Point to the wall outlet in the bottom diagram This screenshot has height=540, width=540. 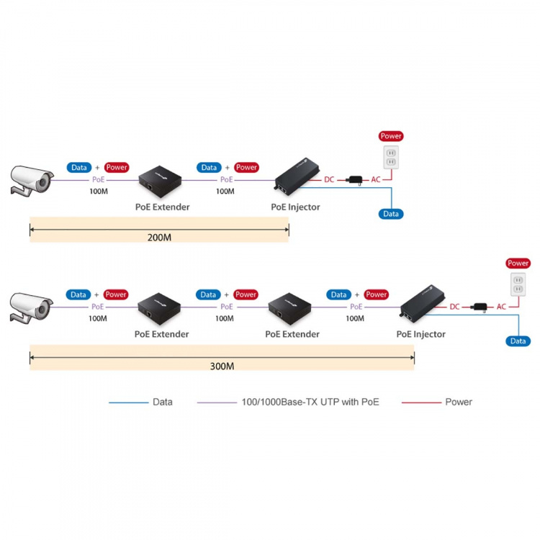point(518,284)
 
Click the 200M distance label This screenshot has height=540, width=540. point(158,238)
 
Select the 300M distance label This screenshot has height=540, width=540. point(222,366)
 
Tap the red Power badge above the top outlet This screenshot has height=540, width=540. point(391,136)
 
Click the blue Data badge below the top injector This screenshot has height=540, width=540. point(391,214)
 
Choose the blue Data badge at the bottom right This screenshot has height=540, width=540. point(518,341)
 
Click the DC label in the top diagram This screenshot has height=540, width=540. point(329,179)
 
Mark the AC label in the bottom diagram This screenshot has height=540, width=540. point(501,307)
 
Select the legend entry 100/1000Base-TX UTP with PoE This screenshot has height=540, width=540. point(310,402)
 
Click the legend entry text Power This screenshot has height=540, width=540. point(459,402)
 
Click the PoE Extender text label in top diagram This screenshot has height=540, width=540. point(162,207)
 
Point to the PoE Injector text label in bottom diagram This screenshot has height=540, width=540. point(420,334)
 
